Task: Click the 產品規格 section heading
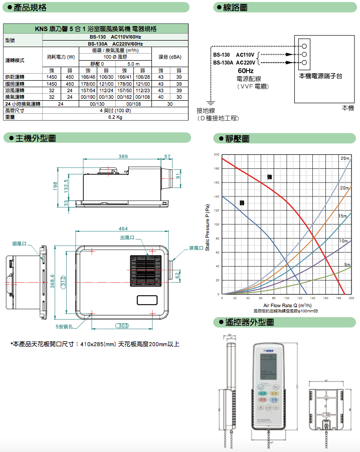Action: click(x=30, y=8)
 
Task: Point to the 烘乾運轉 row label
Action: click(x=15, y=77)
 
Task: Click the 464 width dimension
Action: click(x=123, y=229)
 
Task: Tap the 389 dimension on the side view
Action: click(x=123, y=157)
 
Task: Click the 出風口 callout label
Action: click(x=128, y=237)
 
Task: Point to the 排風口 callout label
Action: click(x=197, y=248)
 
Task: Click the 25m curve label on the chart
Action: click(x=345, y=158)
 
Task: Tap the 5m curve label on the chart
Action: click(x=347, y=265)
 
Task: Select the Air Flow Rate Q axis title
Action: click(x=287, y=305)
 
